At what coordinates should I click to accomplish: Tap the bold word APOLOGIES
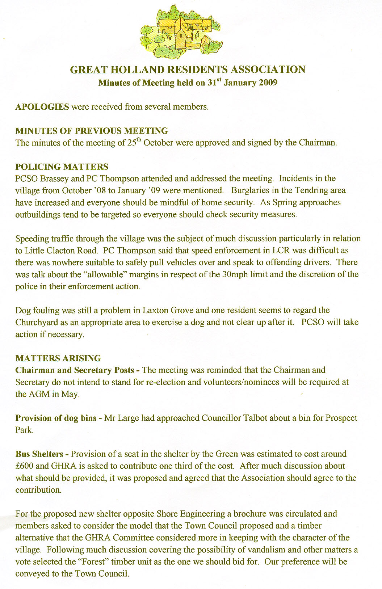click(x=42, y=107)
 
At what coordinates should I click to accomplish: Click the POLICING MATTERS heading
click(x=62, y=167)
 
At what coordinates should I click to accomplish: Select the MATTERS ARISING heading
click(x=58, y=358)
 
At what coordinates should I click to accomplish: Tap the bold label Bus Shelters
click(x=39, y=454)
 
